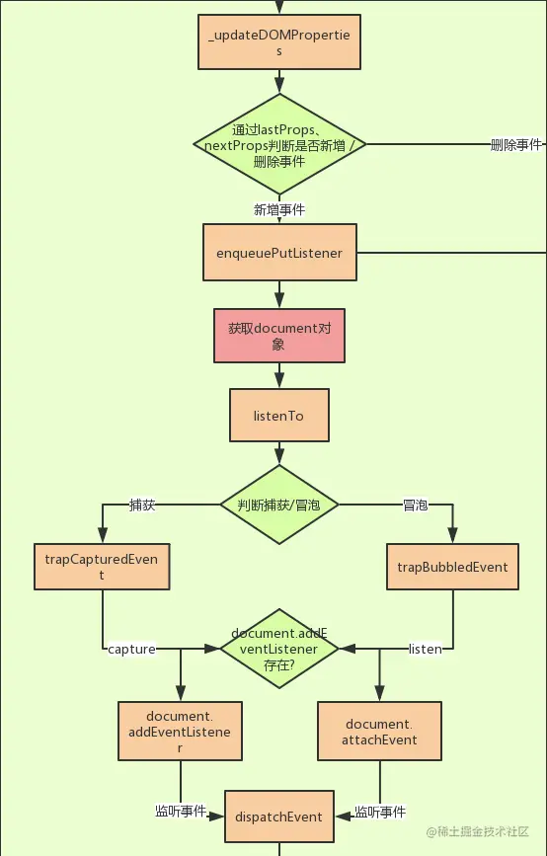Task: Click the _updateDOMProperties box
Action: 279,42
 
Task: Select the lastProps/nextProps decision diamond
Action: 279,144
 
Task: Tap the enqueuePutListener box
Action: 279,252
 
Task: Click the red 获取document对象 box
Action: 279,336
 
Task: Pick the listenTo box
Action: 279,415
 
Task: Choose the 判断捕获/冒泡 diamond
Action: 279,505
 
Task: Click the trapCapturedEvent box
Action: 102,567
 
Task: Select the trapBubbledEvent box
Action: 452,567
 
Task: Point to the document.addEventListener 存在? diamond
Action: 279,649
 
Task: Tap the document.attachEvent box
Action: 379,732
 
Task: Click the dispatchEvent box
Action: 279,817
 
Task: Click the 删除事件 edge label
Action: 515,145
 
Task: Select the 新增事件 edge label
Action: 279,209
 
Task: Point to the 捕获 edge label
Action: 142,505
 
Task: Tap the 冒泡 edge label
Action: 415,505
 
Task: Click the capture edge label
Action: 131,649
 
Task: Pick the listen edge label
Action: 426,649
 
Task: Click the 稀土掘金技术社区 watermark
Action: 478,831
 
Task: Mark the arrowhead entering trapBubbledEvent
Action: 452,535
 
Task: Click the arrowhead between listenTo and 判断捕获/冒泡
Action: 279,456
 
